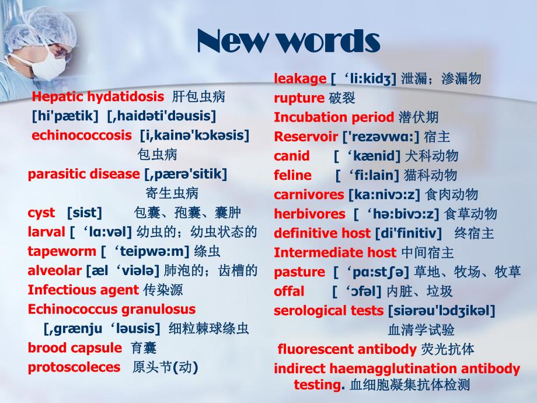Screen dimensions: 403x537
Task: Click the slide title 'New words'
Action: (x=289, y=41)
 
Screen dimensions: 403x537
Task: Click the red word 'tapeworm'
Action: (x=61, y=252)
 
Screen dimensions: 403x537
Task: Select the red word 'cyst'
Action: (x=41, y=213)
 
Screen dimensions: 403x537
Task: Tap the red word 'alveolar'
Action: (x=54, y=271)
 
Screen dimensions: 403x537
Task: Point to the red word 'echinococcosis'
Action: (x=82, y=136)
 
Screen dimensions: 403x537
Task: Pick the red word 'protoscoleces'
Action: (x=74, y=367)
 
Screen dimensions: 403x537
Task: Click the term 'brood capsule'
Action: (x=75, y=348)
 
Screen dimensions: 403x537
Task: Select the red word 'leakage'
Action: (x=300, y=79)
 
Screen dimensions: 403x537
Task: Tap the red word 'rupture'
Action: (x=299, y=98)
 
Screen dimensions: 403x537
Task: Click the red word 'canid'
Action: (x=292, y=156)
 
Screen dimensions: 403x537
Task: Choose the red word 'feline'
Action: (x=292, y=175)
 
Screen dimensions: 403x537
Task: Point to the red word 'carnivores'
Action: (x=309, y=194)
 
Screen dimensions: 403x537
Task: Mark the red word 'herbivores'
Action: (x=309, y=214)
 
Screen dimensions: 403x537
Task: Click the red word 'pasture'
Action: (x=299, y=272)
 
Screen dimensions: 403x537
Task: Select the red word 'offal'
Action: (x=289, y=291)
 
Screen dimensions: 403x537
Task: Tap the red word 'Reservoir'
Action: (x=306, y=137)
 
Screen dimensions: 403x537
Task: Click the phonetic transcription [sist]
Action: (x=84, y=213)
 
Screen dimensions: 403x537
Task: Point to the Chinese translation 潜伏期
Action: (x=419, y=117)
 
